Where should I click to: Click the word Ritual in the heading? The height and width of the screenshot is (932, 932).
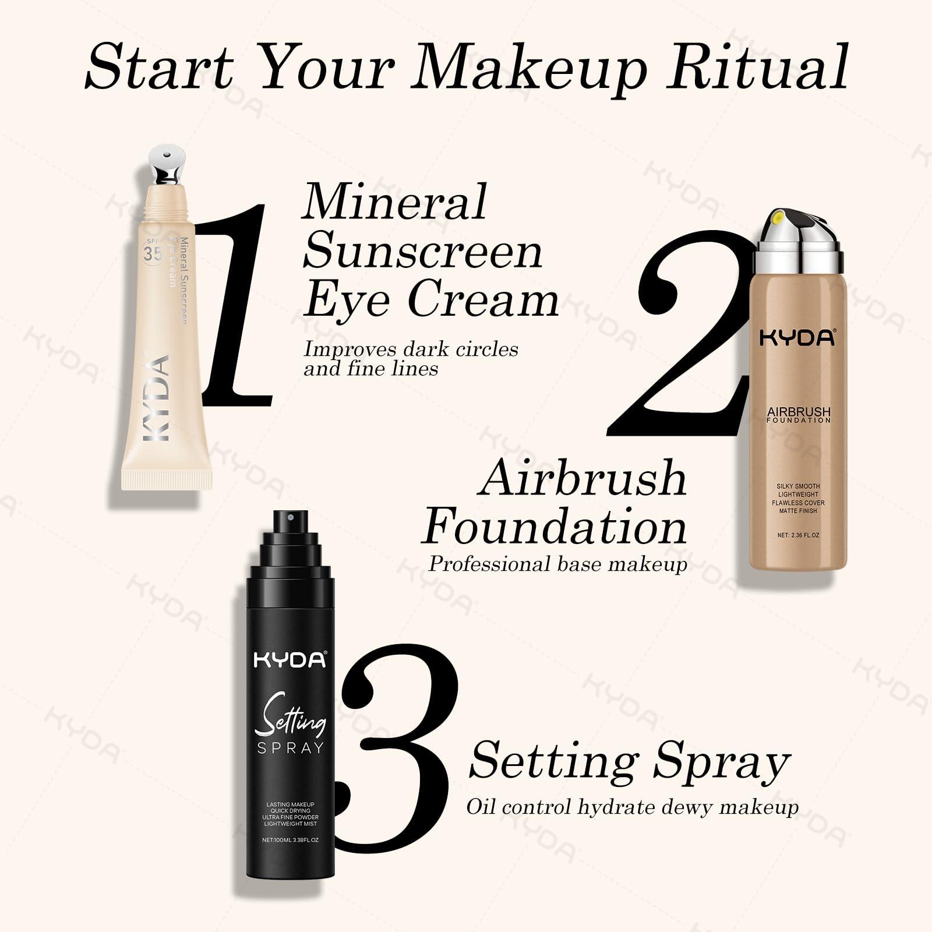[757, 65]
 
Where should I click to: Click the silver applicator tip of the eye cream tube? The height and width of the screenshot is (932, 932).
[167, 163]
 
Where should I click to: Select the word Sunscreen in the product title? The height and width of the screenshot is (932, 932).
[422, 252]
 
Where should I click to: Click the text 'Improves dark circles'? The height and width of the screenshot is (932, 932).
[411, 349]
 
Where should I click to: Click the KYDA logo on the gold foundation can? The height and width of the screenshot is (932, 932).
[797, 338]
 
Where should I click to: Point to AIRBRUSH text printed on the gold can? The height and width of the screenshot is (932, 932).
[798, 412]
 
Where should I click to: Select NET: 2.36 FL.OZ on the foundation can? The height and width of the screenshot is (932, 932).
[798, 535]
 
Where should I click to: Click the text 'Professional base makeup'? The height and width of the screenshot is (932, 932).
[557, 564]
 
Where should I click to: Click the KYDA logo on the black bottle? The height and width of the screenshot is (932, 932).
[290, 660]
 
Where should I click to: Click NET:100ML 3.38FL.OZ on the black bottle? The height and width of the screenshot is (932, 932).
[290, 840]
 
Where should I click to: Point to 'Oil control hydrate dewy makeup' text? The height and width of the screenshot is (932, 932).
[632, 807]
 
